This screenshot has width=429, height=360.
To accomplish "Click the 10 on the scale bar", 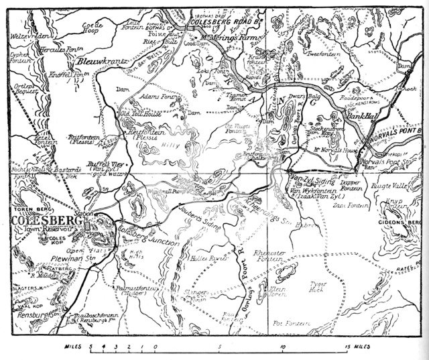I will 284,347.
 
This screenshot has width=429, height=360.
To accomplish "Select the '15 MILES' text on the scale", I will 356,347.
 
